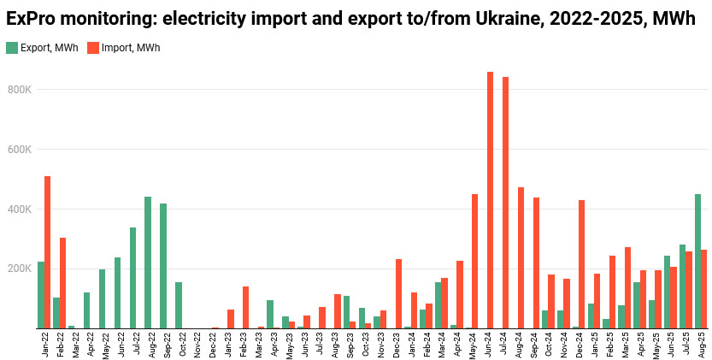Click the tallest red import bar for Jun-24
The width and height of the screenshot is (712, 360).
tap(490, 200)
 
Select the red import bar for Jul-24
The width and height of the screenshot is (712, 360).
tap(505, 203)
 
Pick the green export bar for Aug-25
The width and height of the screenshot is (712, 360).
tap(697, 261)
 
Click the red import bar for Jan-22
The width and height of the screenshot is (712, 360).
tap(48, 252)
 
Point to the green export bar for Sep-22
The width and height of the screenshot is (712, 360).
tap(163, 266)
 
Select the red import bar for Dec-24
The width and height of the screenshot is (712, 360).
tap(581, 264)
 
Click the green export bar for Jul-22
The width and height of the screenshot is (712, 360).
tap(132, 278)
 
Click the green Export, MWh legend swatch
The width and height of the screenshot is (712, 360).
tap(11, 48)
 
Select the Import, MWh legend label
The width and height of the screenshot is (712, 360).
tap(131, 48)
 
